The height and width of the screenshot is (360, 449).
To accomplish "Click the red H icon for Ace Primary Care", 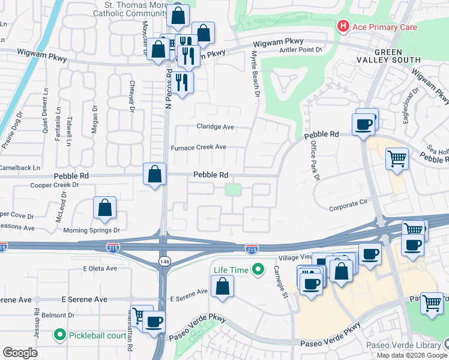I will pyautogui.click(x=343, y=26).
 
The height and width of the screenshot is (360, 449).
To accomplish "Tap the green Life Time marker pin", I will pyautogui.click(x=258, y=270).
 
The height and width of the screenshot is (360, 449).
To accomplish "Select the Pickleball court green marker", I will pyautogui.click(x=59, y=334).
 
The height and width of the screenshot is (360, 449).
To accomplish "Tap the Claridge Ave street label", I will pyautogui.click(x=215, y=127).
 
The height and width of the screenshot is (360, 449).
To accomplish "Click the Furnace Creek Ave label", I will pyautogui.click(x=198, y=147).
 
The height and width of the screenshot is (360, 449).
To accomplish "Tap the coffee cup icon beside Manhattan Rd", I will pyautogui.click(x=154, y=320).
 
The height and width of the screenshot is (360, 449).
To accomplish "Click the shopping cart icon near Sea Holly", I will pyautogui.click(x=397, y=158).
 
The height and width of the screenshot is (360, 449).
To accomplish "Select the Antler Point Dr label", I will pyautogui.click(x=301, y=49).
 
